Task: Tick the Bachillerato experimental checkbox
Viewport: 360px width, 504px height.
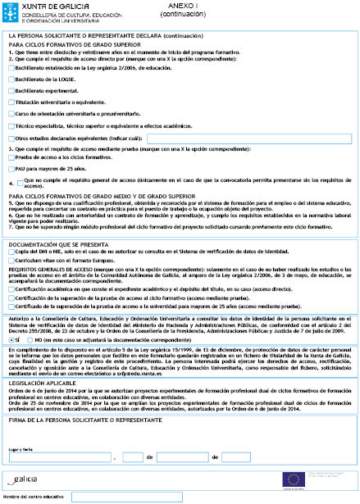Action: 11,92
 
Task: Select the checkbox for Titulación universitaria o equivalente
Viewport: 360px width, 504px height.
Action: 11,103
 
